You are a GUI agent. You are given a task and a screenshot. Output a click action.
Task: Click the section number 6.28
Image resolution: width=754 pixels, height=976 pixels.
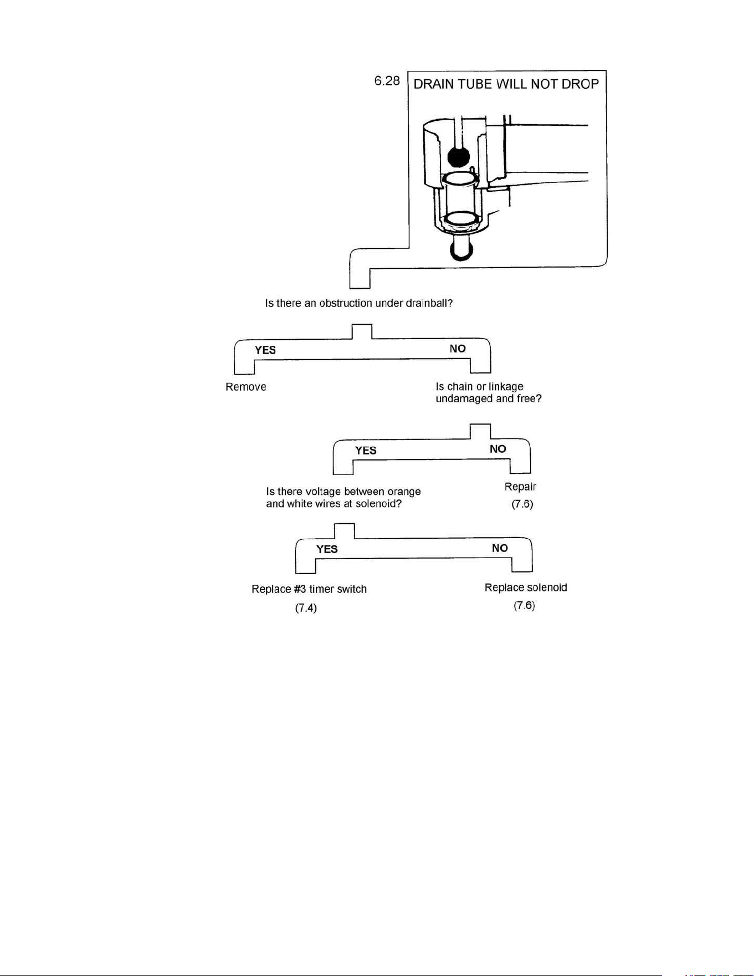coord(387,81)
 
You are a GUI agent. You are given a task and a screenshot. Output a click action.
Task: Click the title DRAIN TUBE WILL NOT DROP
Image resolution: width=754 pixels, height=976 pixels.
coord(506,85)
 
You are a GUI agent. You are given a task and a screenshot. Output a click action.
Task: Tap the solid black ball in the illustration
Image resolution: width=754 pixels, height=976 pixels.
coord(458,157)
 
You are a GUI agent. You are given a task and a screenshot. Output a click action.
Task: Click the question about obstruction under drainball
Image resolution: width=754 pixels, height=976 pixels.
coord(359,304)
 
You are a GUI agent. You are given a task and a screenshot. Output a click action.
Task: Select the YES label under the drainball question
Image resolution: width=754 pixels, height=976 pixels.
coord(265,350)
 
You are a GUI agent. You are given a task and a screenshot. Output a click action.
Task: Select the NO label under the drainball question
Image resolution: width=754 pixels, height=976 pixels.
coord(458,349)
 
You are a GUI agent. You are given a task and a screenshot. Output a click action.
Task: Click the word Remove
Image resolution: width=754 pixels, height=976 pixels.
coord(246,387)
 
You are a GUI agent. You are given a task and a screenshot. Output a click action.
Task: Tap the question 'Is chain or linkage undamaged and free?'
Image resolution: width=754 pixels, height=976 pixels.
coord(488,392)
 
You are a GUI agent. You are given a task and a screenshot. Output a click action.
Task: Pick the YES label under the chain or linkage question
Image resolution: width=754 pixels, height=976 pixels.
coord(366,451)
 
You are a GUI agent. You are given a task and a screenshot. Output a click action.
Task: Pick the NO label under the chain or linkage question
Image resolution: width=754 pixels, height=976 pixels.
coord(498,449)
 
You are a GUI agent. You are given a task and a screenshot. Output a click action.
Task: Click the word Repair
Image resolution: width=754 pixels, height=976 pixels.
coord(521,487)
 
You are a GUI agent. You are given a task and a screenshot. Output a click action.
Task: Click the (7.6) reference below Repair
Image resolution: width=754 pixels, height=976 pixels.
coord(522,505)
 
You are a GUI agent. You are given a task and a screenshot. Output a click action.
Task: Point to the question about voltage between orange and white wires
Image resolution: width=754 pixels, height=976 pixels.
coord(343,498)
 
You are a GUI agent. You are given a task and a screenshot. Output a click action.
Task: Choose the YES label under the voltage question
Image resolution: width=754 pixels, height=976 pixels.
coord(327,549)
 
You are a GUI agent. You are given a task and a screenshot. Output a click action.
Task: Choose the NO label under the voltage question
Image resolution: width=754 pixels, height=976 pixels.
coord(500,548)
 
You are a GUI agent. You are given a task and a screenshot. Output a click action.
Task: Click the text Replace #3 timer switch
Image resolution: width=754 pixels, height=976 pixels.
coord(309,589)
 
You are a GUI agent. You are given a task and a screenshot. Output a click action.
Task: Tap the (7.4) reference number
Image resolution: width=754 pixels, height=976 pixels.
coord(306,608)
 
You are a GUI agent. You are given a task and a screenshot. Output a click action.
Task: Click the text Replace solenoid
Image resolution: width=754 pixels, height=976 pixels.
coord(526,587)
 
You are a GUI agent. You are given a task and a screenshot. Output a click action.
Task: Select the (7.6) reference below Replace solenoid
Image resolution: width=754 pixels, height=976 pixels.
coord(524,606)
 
